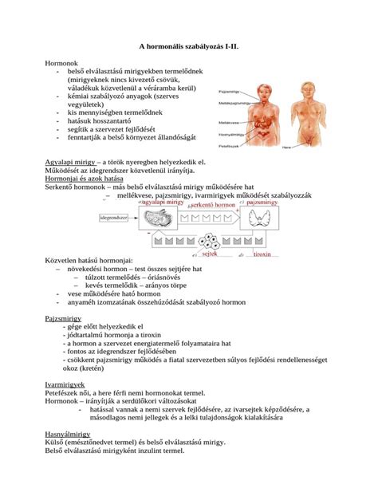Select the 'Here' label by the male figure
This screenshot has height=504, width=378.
pyautogui.click(x=329, y=148)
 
